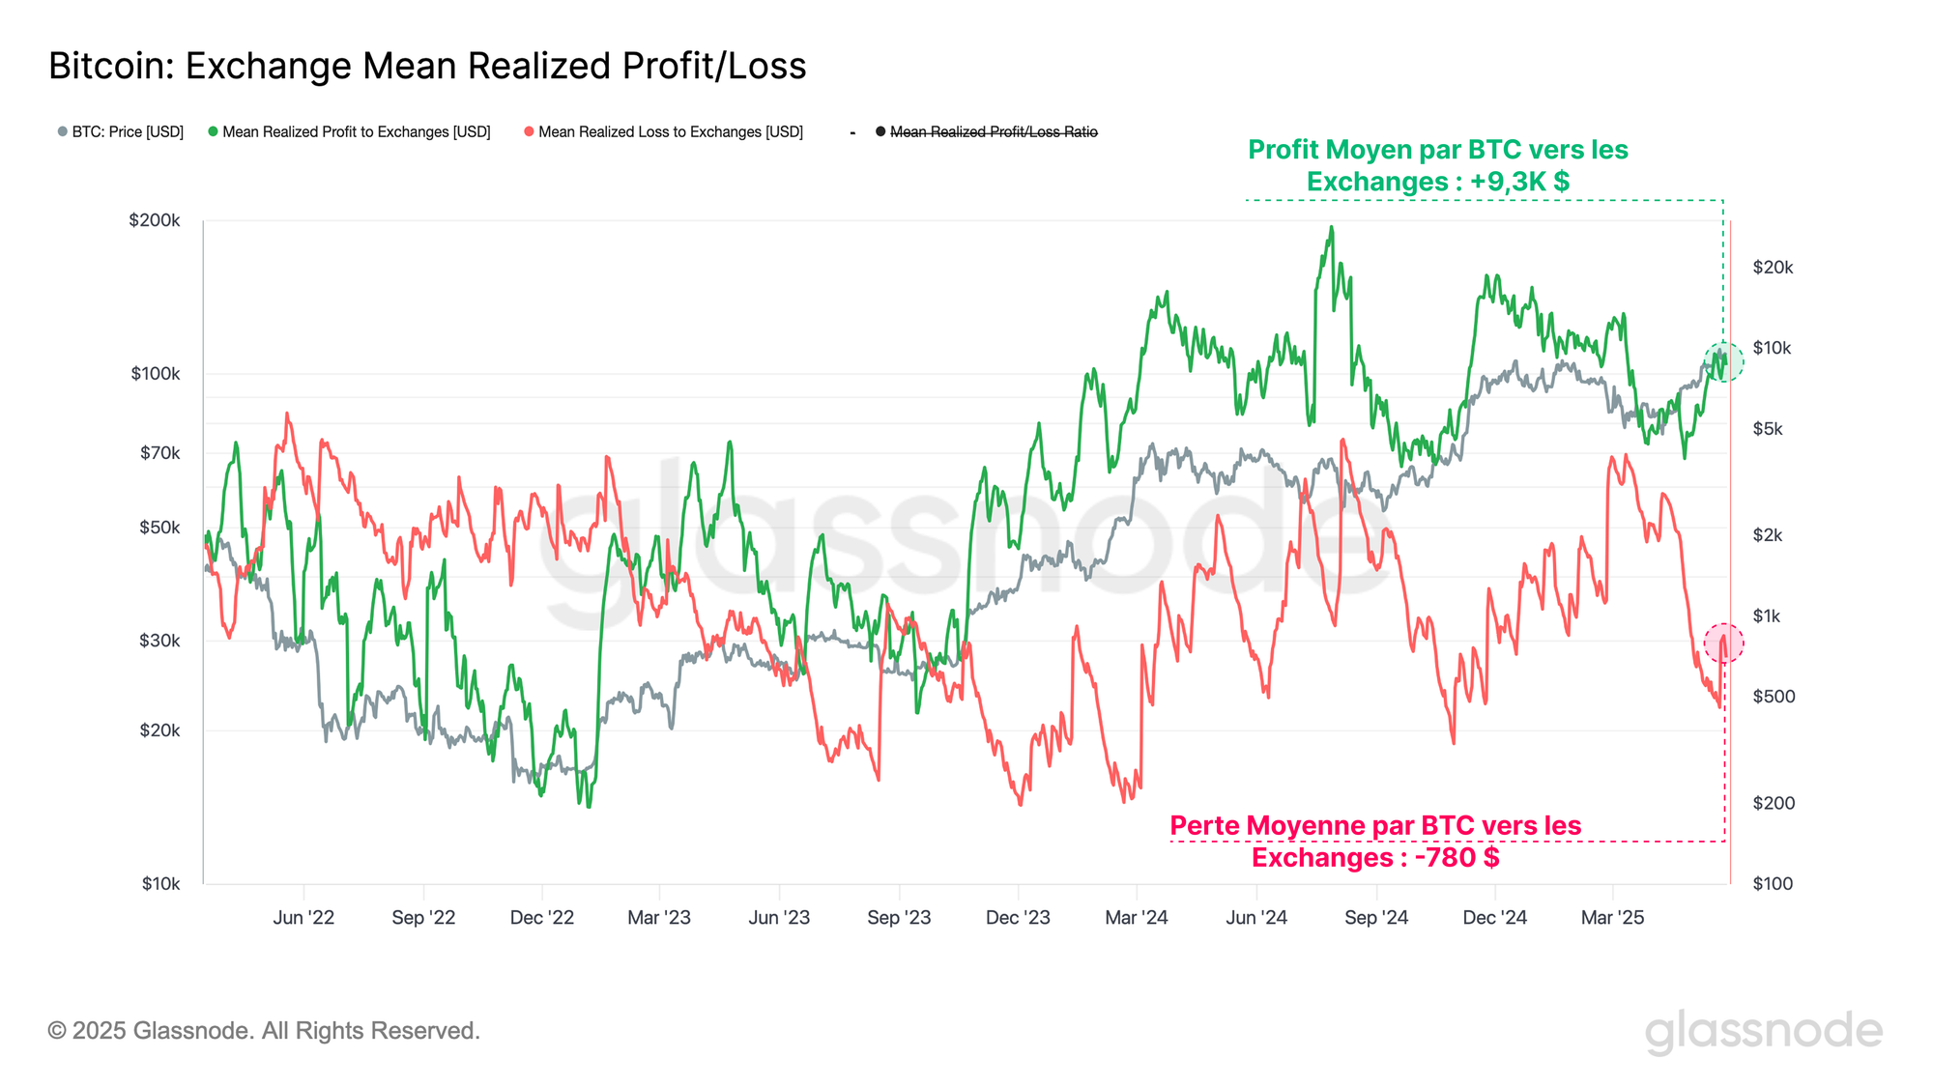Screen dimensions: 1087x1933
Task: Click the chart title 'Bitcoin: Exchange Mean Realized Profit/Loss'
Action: click(427, 66)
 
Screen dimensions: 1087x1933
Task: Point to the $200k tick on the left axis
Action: click(155, 220)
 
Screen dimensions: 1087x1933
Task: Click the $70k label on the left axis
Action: click(159, 452)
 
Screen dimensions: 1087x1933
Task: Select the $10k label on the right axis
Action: click(1772, 348)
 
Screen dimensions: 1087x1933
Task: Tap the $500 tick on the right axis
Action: click(1774, 697)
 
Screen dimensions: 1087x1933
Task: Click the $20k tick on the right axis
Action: click(1773, 268)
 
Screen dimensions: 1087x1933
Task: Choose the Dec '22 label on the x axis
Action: click(541, 917)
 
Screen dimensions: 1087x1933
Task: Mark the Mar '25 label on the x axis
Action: click(1612, 917)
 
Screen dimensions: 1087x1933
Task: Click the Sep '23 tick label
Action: click(899, 917)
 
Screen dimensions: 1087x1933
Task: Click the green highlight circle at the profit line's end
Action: click(1723, 361)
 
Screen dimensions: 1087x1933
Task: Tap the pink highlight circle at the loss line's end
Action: click(1723, 643)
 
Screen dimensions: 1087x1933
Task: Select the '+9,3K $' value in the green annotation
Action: click(1519, 182)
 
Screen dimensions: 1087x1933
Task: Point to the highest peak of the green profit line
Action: click(1331, 228)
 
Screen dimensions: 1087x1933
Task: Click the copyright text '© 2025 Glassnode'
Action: click(264, 1031)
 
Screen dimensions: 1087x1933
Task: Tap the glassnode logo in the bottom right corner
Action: click(1763, 1031)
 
